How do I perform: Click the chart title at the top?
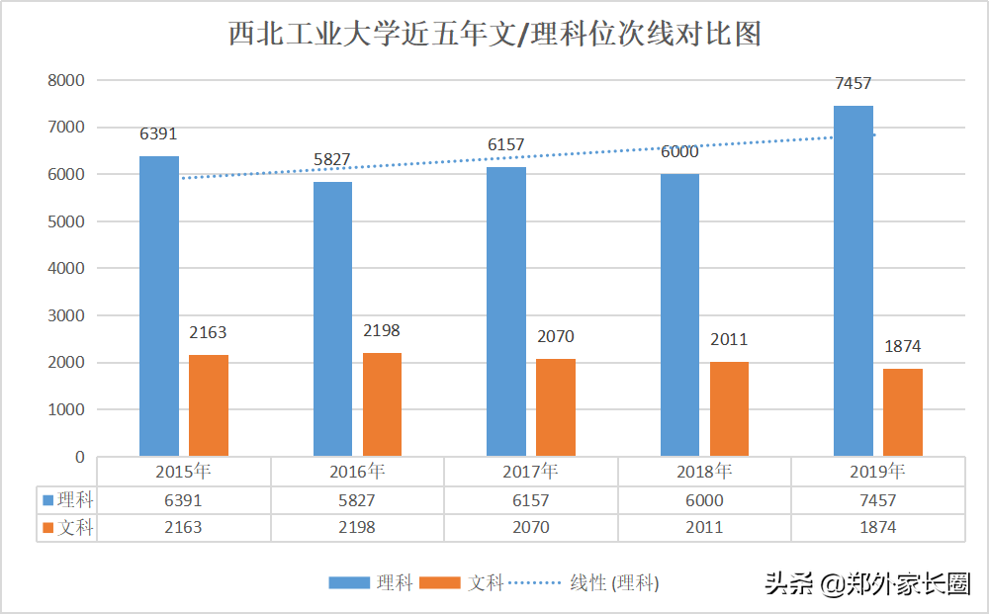[494, 35]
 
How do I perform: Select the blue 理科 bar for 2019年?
[853, 282]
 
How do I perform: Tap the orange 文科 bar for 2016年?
[382, 404]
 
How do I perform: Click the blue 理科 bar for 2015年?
[158, 307]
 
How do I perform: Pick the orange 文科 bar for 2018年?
[729, 409]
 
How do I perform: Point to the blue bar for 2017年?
[505, 312]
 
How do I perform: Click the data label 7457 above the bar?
[853, 84]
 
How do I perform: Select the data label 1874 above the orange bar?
[902, 347]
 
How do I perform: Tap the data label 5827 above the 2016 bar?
[332, 160]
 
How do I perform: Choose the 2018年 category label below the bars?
[704, 472]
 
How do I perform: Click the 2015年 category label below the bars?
[183, 472]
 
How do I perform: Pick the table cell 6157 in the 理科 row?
[530, 500]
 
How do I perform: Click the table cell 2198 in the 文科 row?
[357, 528]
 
